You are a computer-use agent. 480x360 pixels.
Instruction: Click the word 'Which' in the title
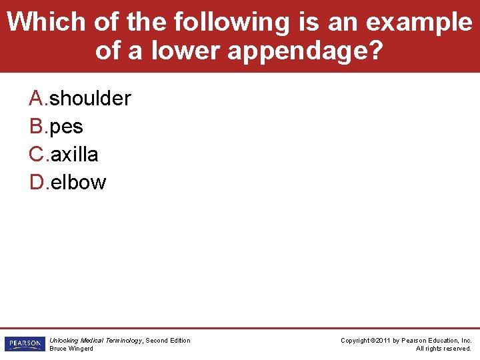pos(46,22)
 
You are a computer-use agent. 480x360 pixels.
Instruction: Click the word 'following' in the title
pos(231,22)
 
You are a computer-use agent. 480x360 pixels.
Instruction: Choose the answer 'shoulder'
pos(91,99)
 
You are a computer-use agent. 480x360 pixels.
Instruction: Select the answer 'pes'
pos(67,127)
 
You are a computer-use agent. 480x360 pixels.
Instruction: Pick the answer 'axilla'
pos(75,155)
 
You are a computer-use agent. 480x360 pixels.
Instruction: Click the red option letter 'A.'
pos(39,99)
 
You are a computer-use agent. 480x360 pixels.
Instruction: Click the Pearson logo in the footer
pos(25,344)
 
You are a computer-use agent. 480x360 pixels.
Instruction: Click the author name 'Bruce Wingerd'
pos(71,349)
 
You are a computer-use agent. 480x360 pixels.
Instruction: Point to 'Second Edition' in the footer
pos(168,341)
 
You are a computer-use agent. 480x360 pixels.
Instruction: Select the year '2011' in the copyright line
pos(383,341)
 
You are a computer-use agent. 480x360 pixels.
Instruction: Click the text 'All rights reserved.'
pos(443,349)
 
